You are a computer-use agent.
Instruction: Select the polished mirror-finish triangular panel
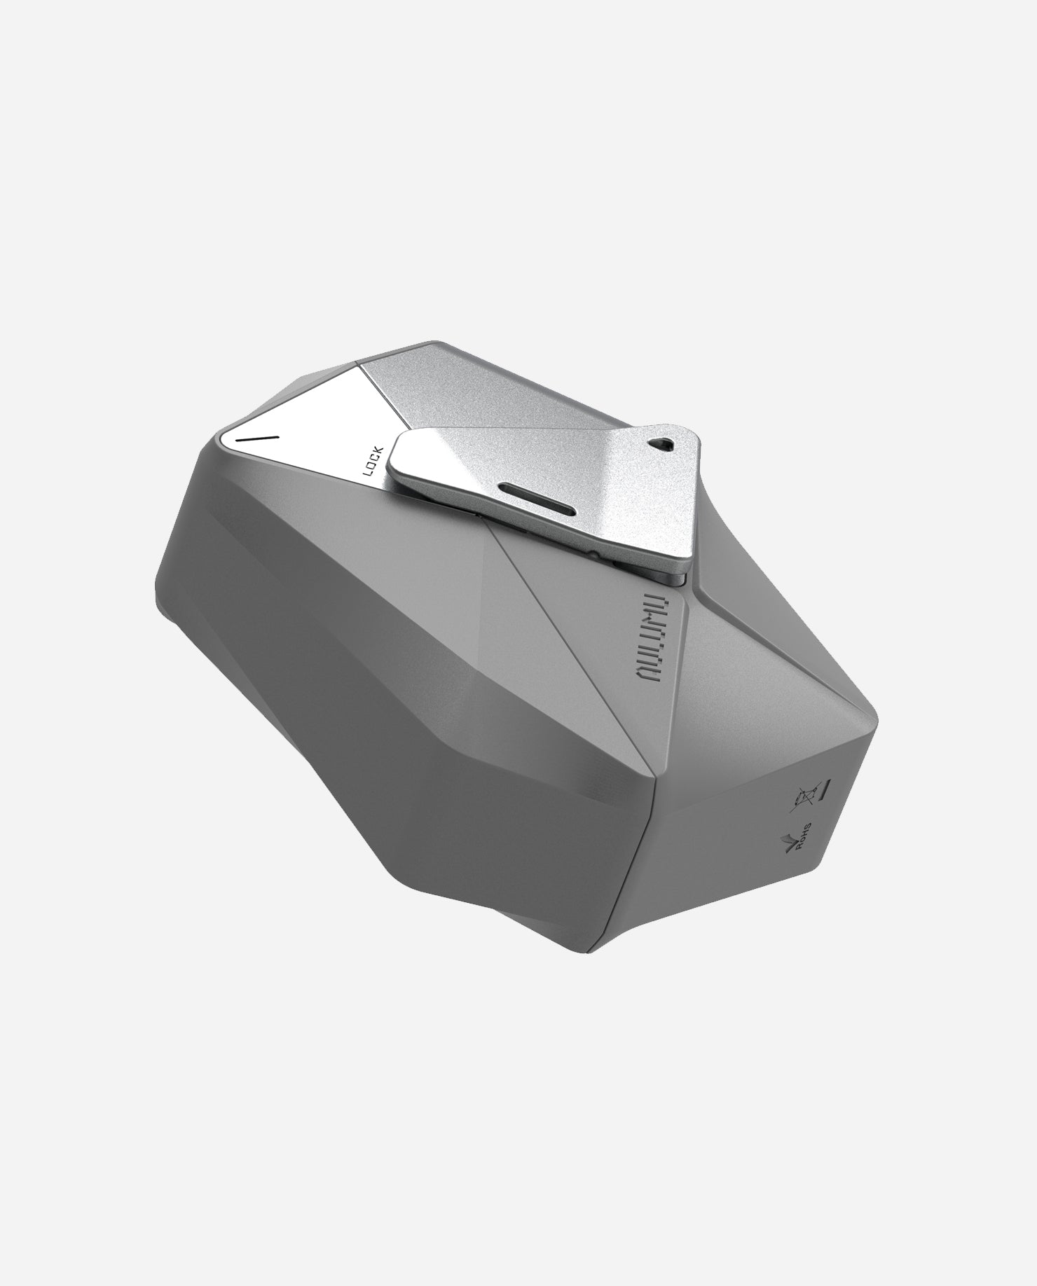tap(301, 427)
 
